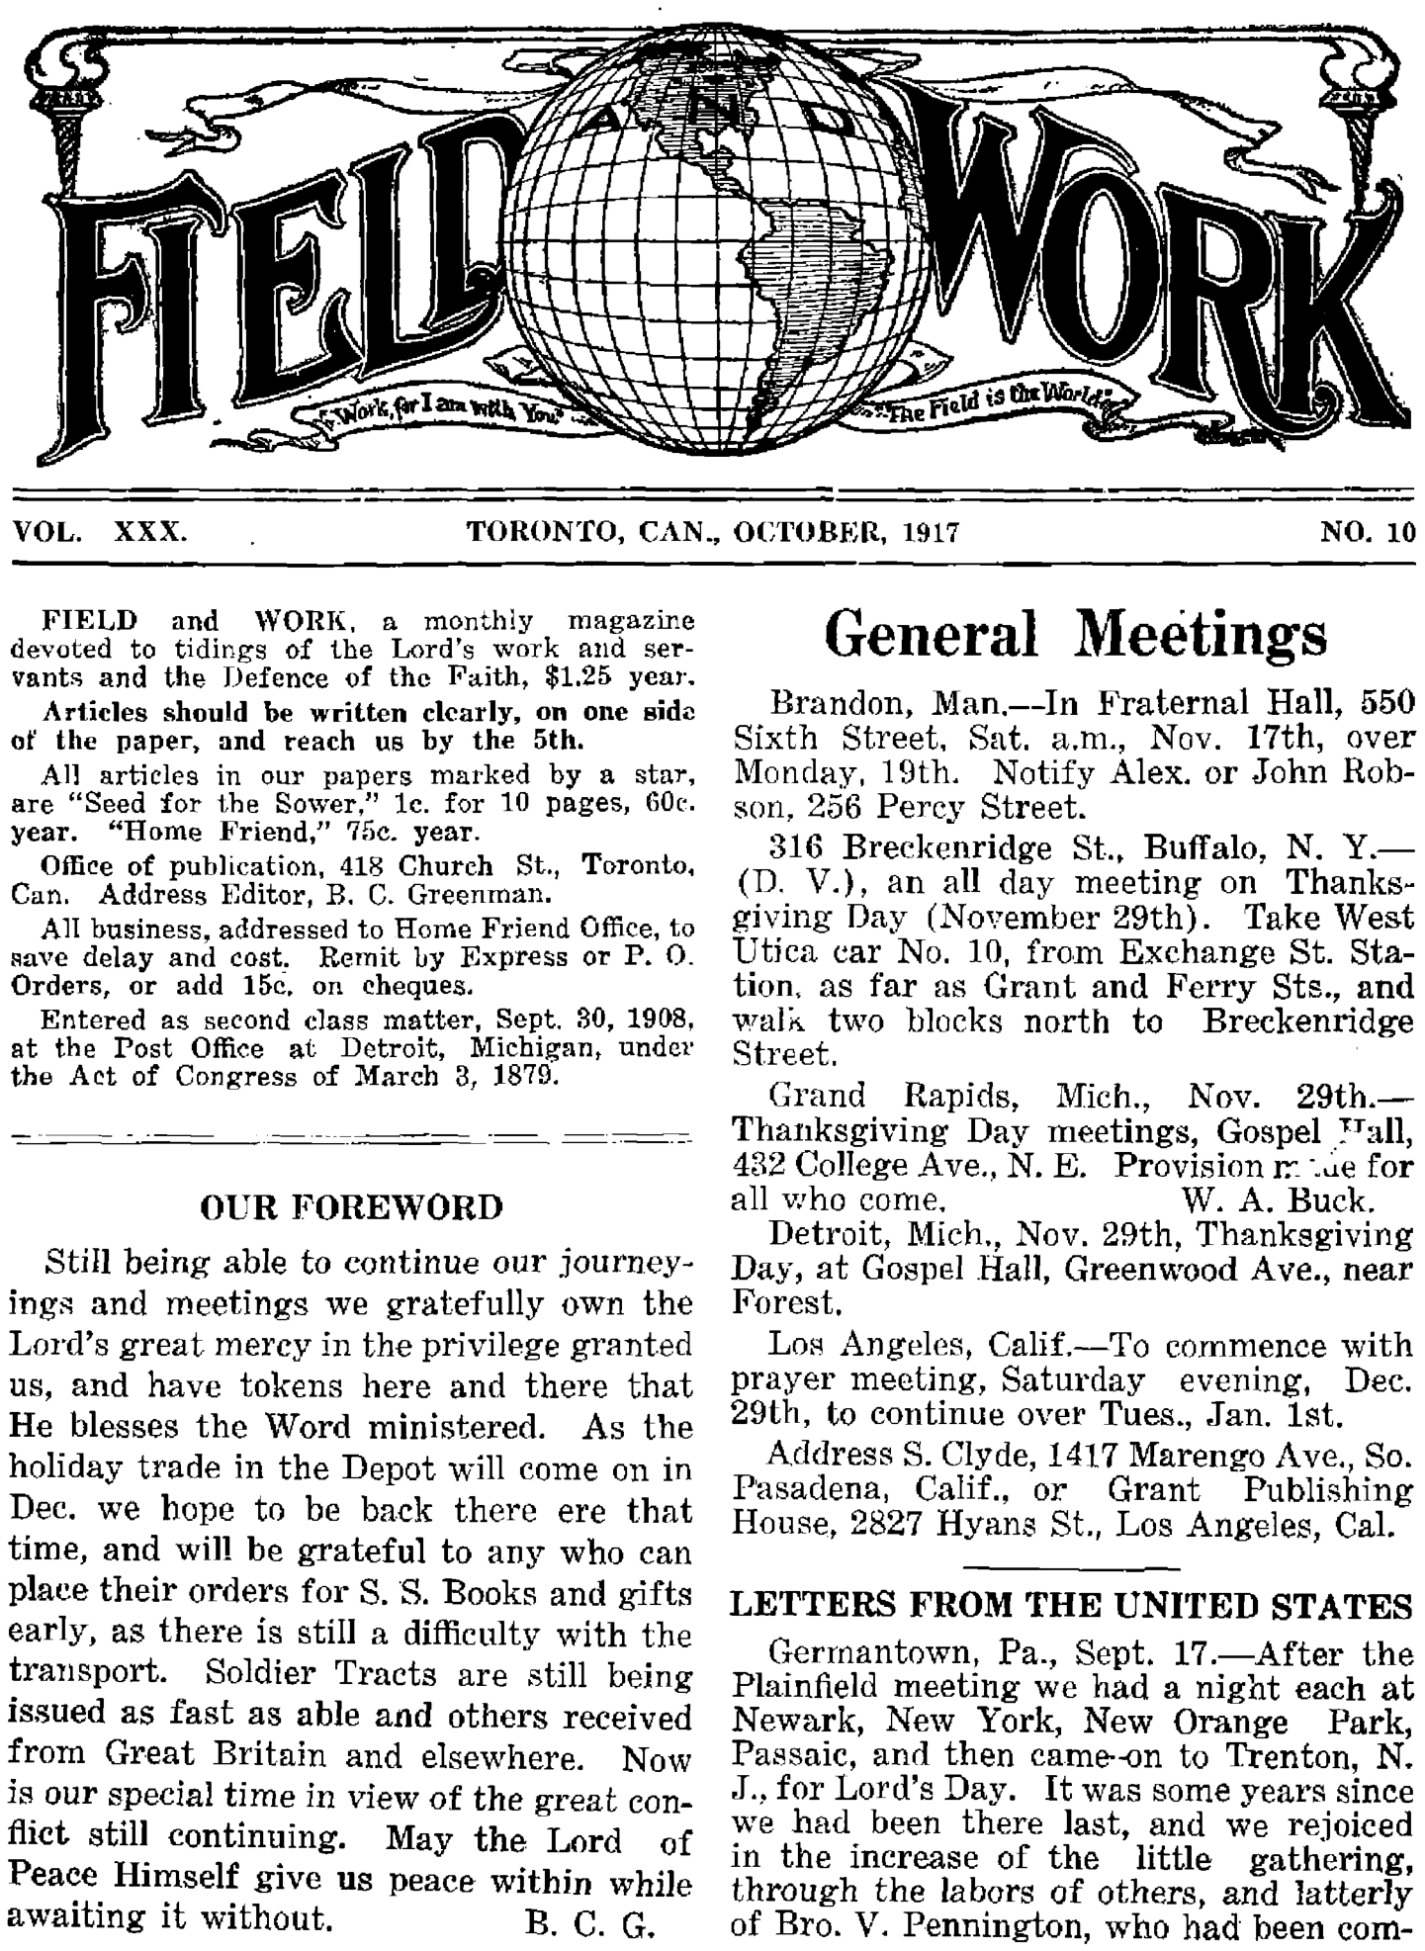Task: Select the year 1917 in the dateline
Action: (931, 533)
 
